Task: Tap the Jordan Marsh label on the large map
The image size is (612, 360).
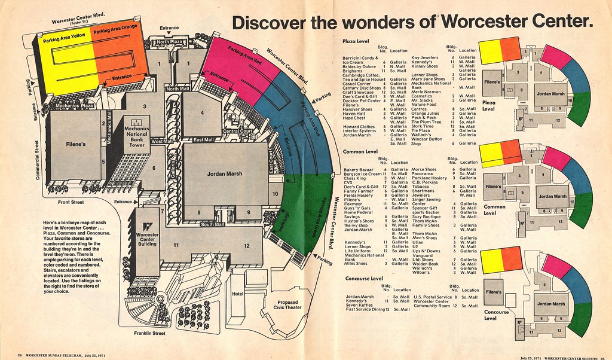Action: pos(224,174)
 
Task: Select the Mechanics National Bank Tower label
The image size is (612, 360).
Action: pos(136,136)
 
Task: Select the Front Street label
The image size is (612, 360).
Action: pos(71,202)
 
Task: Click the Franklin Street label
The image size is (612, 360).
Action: pos(150,333)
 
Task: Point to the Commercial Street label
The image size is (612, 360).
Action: pos(38,160)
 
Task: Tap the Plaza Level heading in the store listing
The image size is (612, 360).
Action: pos(356,41)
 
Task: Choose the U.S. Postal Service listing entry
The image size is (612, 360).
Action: pos(433,297)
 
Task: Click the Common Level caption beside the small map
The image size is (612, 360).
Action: pos(489,209)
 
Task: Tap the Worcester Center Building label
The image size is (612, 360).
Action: pos(146,239)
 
